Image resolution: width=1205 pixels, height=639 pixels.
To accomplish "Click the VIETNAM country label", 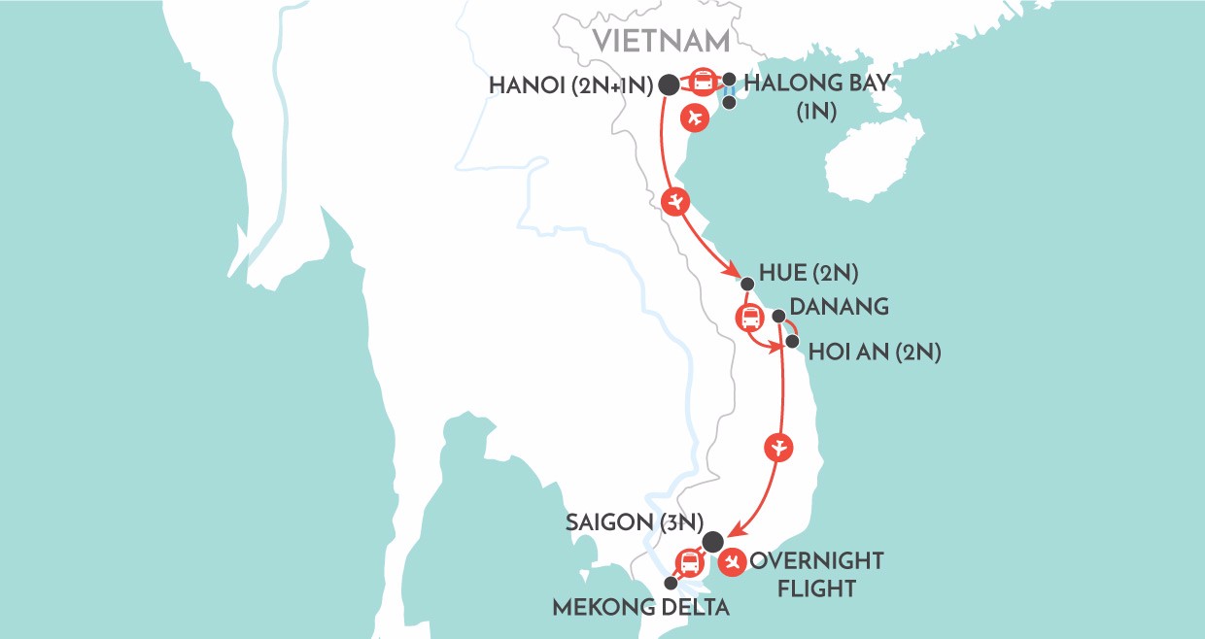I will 661,41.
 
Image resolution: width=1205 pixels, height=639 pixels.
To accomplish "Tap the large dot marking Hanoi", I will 669,85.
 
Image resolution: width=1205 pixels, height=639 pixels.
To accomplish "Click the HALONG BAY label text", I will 815,84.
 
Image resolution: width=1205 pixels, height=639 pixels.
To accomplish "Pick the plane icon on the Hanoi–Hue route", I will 676,203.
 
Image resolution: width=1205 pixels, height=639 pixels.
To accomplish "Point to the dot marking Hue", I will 746,285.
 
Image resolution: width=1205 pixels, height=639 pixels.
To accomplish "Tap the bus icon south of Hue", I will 750,318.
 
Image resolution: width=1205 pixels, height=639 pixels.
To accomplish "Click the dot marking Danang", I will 779,316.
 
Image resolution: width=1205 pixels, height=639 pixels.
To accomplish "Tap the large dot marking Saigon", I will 713,542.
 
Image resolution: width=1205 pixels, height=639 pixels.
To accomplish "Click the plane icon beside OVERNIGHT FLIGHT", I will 734,561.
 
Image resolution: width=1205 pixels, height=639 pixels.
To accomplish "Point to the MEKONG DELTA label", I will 641,608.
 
